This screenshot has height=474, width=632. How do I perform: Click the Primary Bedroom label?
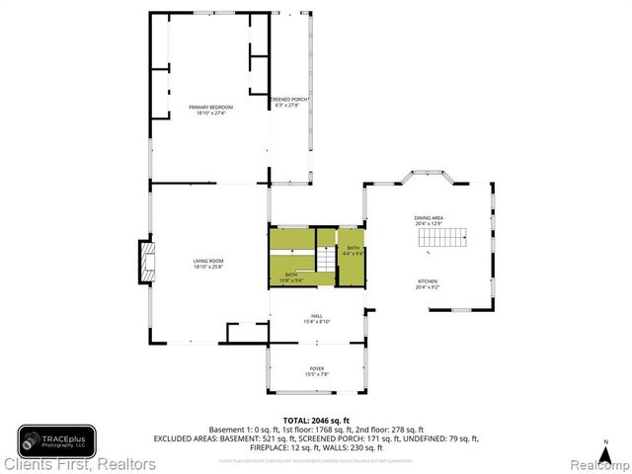208,107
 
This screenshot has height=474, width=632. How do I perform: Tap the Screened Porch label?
290,100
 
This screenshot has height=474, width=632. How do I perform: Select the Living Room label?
208,261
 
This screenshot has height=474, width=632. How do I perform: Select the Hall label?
315,316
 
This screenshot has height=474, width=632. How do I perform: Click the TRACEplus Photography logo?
56,440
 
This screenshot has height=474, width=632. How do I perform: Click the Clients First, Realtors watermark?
79,463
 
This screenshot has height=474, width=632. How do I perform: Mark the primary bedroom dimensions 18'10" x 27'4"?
208,113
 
